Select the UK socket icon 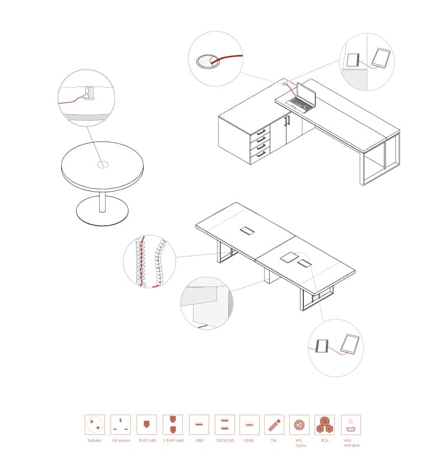point(121,424)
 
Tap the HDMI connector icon point(249,424)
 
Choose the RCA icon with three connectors point(325,424)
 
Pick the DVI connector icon point(274,424)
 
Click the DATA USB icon point(224,424)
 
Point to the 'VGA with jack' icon point(351,424)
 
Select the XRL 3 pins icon point(299,424)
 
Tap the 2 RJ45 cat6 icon point(173,424)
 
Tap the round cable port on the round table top point(102,165)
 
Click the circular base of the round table point(102,212)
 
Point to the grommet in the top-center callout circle point(207,60)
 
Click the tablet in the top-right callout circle point(382,58)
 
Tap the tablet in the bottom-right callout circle point(350,344)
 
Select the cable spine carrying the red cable point(143,262)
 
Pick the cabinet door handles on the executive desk point(288,120)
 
